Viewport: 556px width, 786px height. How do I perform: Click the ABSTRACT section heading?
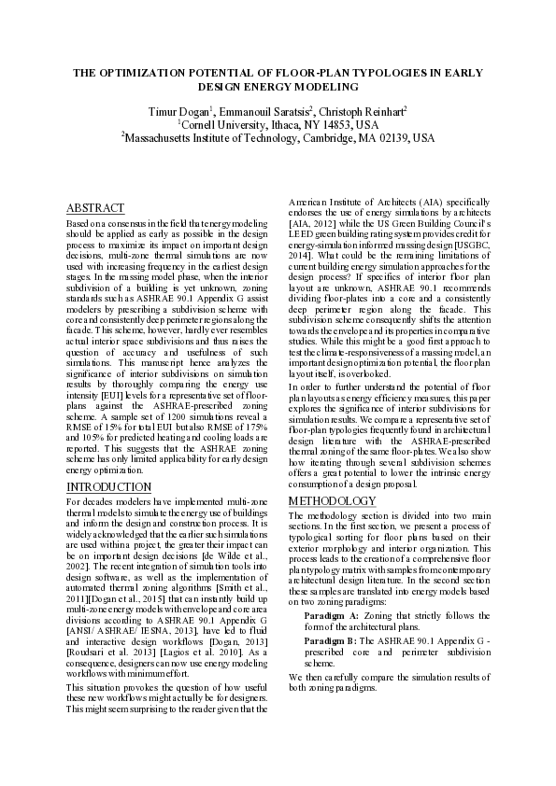click(x=95, y=207)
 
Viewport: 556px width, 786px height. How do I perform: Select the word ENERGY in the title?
click(x=240, y=87)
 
